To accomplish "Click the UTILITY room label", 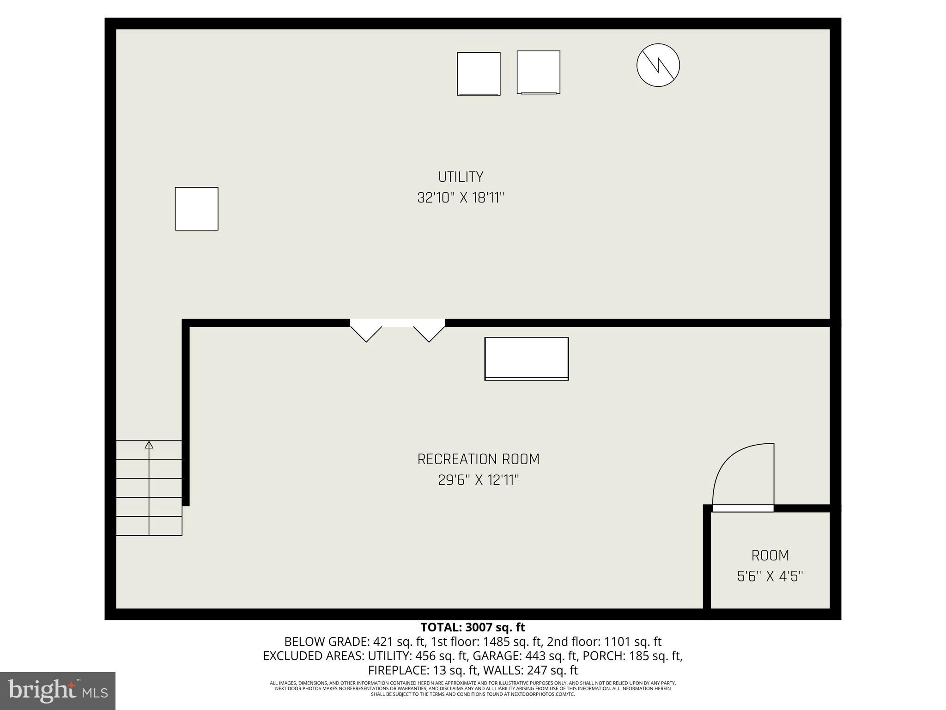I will (461, 177).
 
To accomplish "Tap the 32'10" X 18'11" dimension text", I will (461, 198).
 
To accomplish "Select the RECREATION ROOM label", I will (478, 459).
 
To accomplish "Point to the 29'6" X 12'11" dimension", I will (478, 480).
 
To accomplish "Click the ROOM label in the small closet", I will (770, 555).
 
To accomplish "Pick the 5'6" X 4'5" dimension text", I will (770, 576).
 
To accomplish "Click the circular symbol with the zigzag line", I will (658, 65).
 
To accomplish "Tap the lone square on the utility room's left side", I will (196, 208).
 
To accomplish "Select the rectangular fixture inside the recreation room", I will (526, 359).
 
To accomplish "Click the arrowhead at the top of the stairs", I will (149, 445).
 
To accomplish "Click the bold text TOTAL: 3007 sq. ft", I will (473, 627).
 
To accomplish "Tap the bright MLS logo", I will (58, 691).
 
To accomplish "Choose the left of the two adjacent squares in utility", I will (479, 73).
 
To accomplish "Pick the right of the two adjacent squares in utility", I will (538, 72).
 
